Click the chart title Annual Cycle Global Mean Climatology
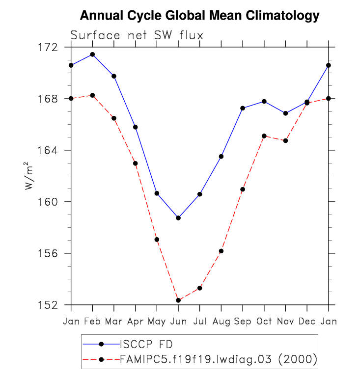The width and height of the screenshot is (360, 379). [199, 16]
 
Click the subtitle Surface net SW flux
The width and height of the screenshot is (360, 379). [137, 35]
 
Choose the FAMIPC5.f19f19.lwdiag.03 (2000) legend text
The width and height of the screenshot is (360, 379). [219, 359]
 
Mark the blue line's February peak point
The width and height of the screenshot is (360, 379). [92, 54]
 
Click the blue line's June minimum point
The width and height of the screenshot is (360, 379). [178, 218]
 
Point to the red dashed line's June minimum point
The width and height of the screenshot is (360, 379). [178, 300]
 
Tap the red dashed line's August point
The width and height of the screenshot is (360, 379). [221, 251]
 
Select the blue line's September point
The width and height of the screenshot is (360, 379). [243, 108]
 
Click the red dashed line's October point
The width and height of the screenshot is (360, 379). [264, 136]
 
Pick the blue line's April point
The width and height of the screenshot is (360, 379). [135, 127]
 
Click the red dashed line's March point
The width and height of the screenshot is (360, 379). [114, 118]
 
